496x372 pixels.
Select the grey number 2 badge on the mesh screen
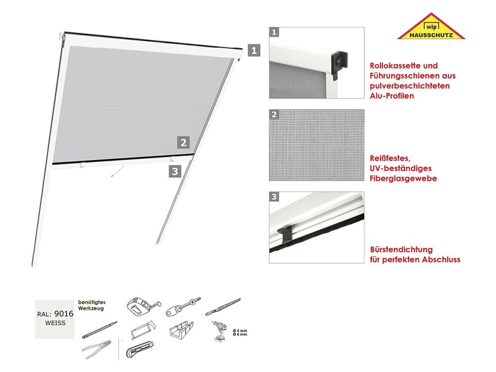pos(183,143)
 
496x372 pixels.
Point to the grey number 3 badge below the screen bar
pos(174,171)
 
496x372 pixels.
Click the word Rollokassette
pos(396,66)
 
